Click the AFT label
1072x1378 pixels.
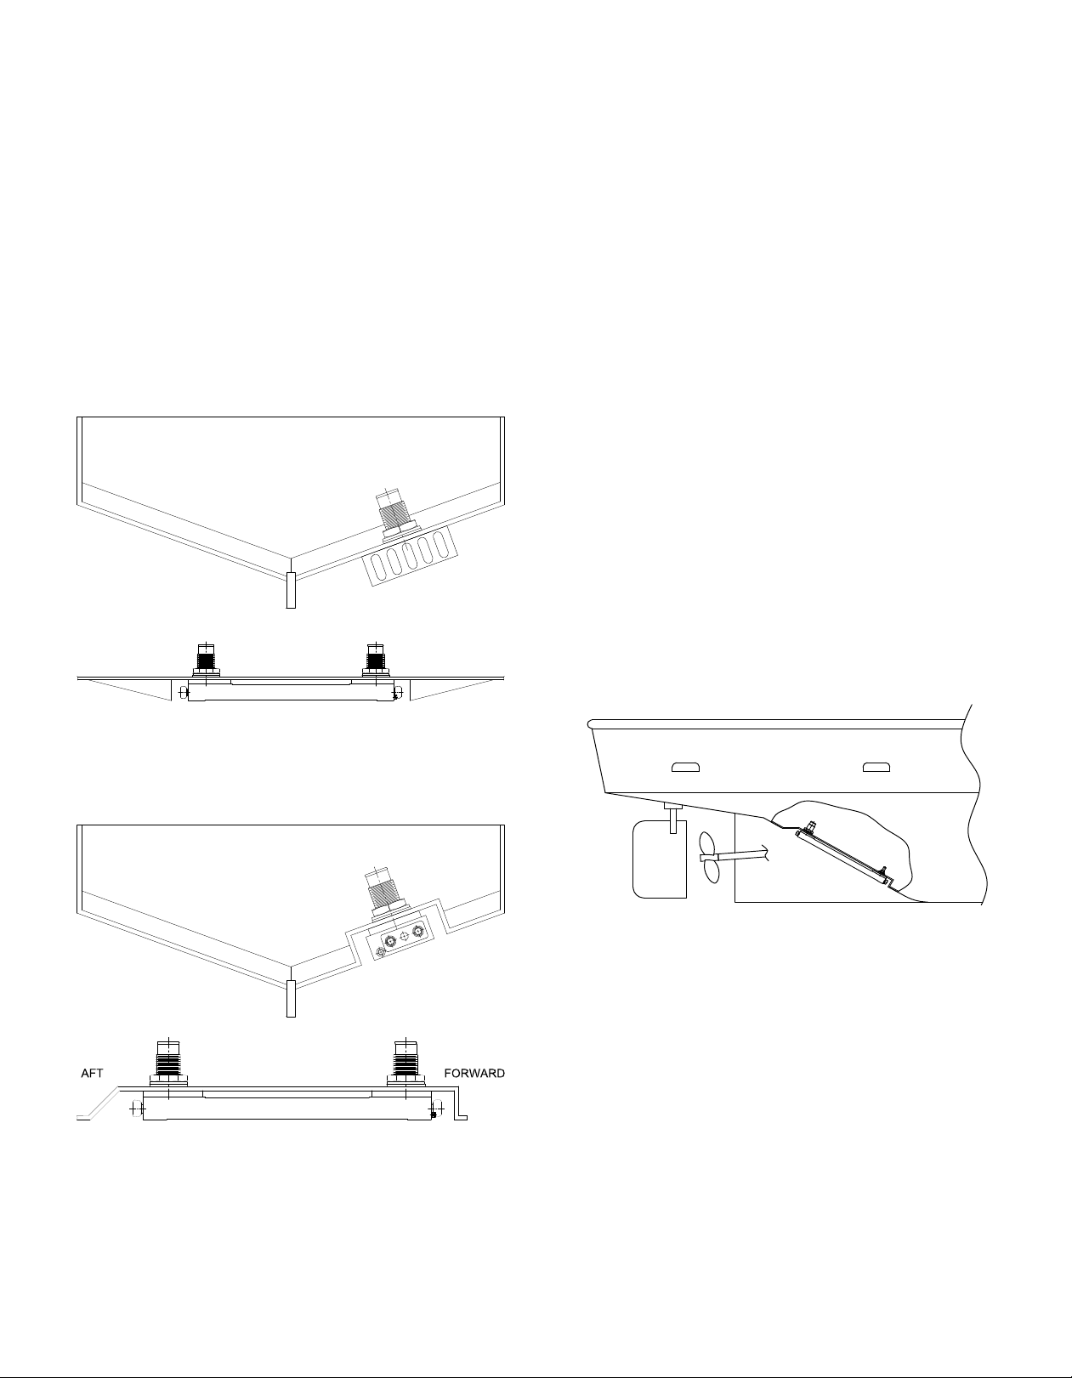[91, 1074]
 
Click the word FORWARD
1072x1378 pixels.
[474, 1074]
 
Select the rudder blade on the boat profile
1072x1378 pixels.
[660, 859]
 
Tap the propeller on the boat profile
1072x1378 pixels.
[711, 858]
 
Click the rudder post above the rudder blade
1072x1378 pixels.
[672, 818]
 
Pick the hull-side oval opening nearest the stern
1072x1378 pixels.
[685, 768]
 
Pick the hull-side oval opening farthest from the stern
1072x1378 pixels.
[876, 768]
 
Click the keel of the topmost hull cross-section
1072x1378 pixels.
[291, 590]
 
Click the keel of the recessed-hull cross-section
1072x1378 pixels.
[291, 999]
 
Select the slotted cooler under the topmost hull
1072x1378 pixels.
[410, 555]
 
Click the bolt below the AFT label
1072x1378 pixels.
[135, 1109]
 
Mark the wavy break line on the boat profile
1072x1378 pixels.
[973, 803]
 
